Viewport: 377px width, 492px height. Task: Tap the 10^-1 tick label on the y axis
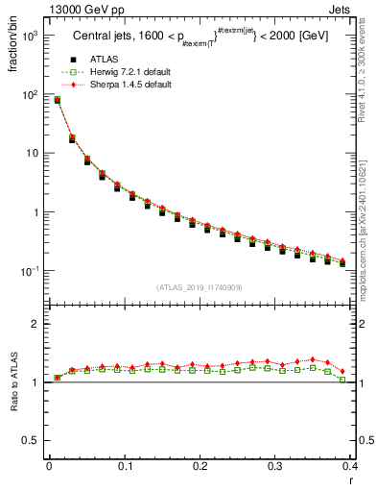pos(29,272)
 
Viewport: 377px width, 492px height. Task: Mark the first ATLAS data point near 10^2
pos(57,100)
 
